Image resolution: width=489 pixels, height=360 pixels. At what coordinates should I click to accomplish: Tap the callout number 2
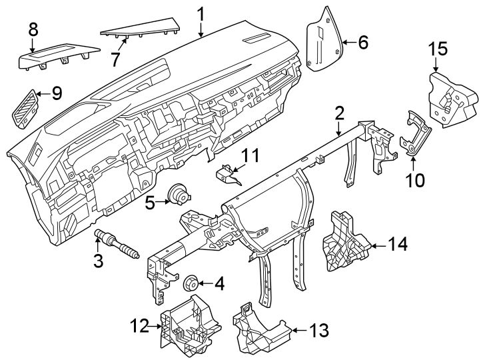(339, 113)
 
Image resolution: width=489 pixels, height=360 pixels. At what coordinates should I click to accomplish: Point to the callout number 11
(250, 156)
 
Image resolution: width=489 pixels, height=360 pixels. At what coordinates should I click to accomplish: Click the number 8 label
(33, 29)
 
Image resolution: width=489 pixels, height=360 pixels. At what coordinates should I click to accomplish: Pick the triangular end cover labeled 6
(324, 40)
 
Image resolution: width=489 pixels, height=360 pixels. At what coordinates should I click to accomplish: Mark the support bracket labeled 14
(344, 243)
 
